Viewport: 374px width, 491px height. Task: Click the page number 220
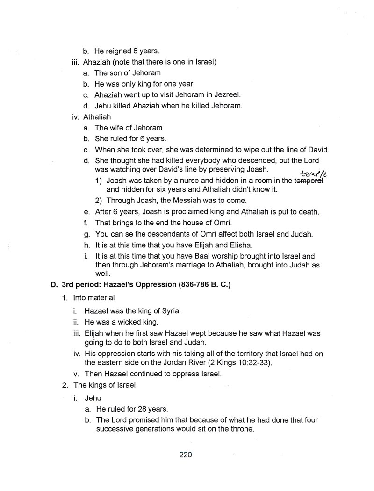186,455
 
